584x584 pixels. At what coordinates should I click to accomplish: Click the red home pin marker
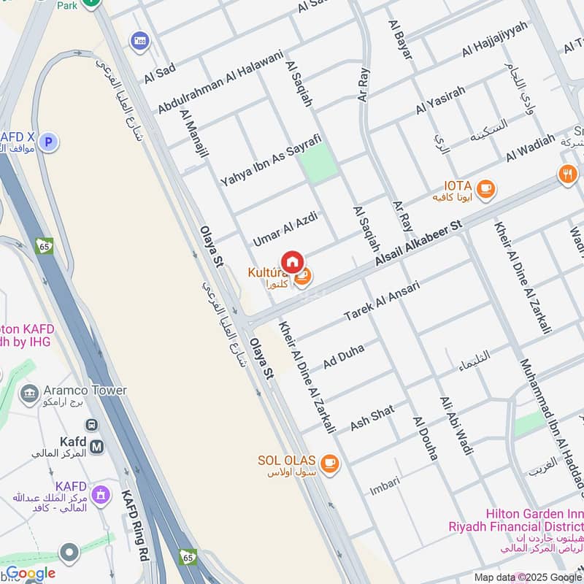[x=292, y=261]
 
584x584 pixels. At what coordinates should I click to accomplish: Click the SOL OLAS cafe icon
[x=330, y=463]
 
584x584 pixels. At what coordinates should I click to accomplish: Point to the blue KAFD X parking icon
[x=48, y=142]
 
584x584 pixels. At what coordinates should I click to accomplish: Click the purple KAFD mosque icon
[x=99, y=494]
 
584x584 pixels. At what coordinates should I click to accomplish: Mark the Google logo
[x=31, y=574]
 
